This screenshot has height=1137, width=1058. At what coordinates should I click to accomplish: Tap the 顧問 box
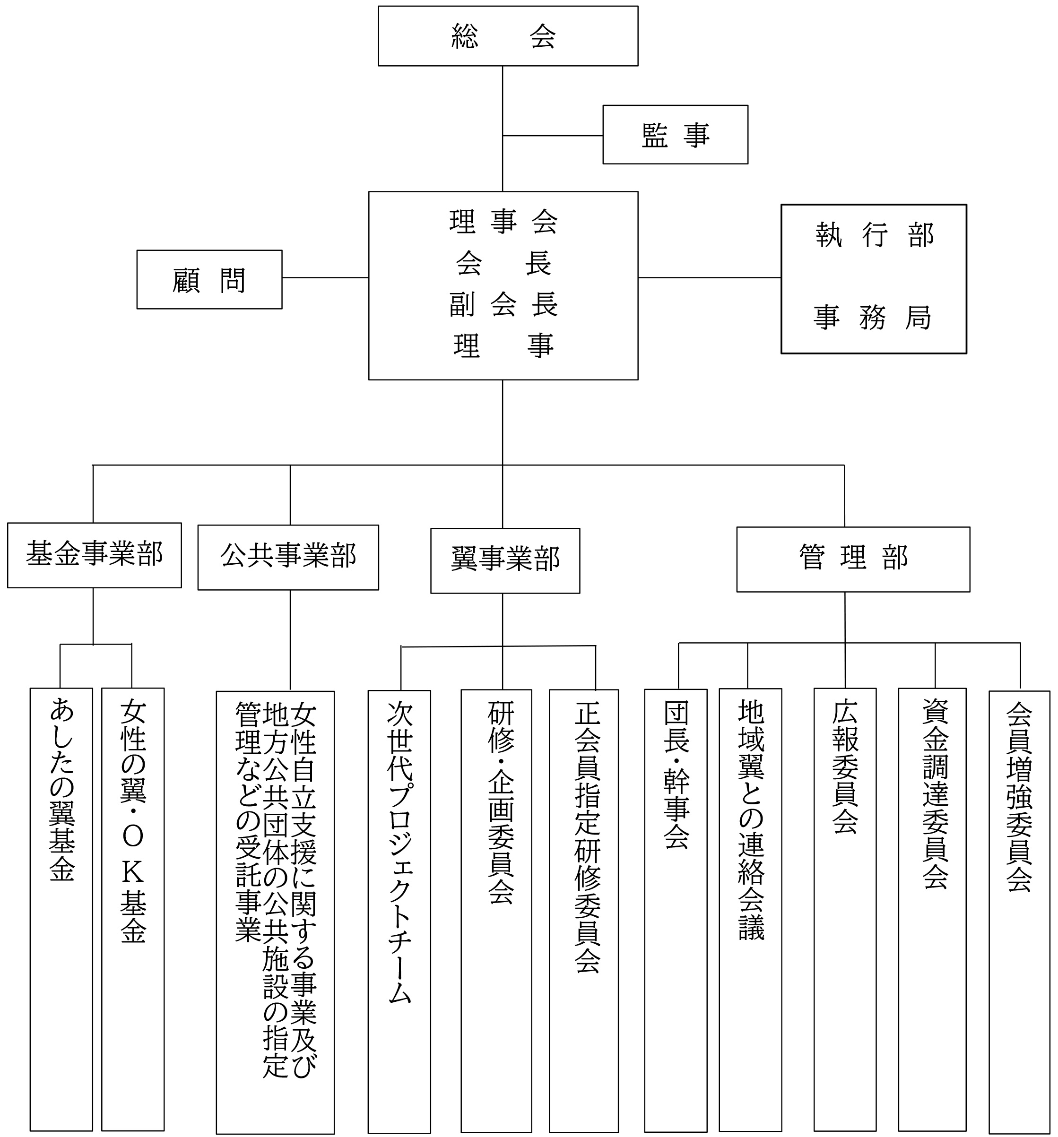(x=209, y=280)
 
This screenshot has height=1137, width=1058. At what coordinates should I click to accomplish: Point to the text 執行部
(x=873, y=235)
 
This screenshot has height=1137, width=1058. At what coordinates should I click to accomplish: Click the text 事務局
(x=872, y=318)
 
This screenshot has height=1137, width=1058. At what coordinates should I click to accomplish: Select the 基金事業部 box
(x=94, y=555)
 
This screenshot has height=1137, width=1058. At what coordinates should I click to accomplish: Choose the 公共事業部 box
(x=288, y=557)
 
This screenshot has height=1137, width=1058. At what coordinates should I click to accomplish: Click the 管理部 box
(x=852, y=559)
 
